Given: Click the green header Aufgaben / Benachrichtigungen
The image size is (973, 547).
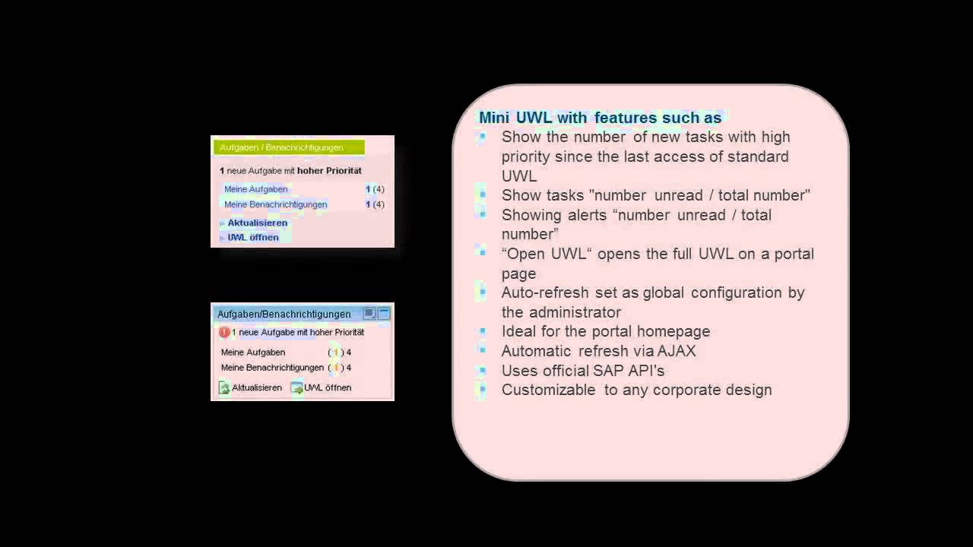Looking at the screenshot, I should tap(288, 147).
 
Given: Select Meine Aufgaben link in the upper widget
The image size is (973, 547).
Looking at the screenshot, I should tap(255, 189).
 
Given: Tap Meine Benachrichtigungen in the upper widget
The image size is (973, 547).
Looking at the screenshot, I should tap(275, 204).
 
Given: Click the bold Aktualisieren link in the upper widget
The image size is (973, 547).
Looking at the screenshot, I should tap(257, 223).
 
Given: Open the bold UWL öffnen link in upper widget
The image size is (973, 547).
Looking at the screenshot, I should tap(252, 238).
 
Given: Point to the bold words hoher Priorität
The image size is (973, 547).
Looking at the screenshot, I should tap(329, 171).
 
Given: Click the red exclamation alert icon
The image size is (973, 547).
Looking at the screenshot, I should tap(223, 333).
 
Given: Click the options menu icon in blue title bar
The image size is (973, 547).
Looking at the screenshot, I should tap(369, 313).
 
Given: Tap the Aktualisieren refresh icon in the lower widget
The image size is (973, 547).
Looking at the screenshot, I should tap(224, 388).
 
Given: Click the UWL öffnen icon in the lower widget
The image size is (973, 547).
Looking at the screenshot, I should tap(296, 388).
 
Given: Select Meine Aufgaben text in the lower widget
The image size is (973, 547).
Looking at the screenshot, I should tap(253, 353).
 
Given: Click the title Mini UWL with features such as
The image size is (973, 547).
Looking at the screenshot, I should tap(600, 118).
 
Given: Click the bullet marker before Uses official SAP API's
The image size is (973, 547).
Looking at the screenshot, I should tap(482, 371).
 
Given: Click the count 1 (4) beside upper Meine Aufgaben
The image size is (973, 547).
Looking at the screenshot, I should tap(375, 189).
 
